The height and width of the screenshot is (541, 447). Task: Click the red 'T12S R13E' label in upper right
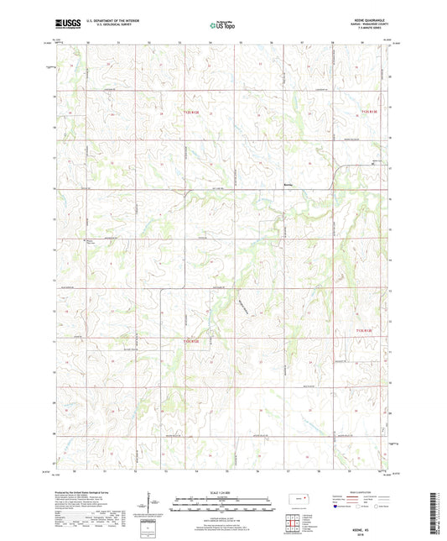370,111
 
